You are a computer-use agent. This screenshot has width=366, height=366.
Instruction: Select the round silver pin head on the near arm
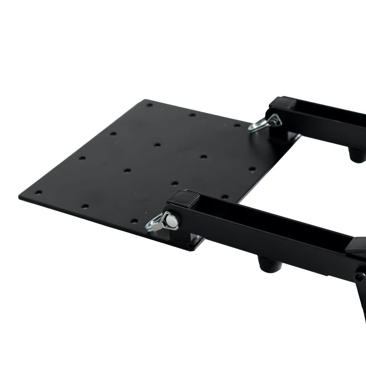(x=172, y=220)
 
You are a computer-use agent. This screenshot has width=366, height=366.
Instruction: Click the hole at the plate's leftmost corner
(x=38, y=192)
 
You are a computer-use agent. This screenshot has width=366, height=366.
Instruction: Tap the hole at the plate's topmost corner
(x=149, y=105)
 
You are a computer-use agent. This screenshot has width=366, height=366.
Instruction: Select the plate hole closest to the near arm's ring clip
(x=134, y=221)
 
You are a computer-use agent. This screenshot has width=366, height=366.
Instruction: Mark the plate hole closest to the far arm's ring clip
(x=237, y=125)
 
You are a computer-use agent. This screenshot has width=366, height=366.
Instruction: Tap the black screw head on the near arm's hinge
(x=359, y=277)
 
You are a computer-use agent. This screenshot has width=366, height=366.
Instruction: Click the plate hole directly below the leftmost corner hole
(x=85, y=206)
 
